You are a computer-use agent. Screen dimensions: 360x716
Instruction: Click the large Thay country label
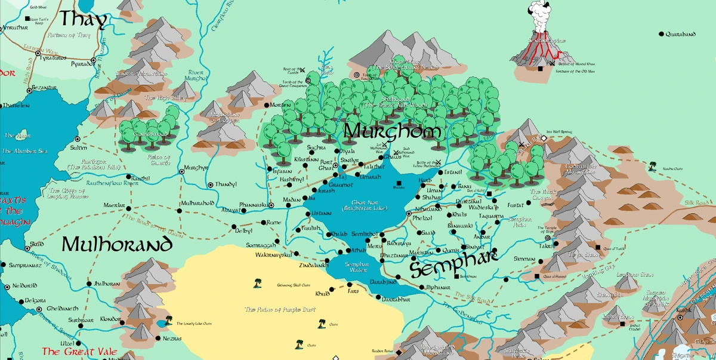coord(83,20)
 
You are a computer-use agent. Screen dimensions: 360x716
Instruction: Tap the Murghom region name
coord(393,131)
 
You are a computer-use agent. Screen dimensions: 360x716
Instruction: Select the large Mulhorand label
coord(117,245)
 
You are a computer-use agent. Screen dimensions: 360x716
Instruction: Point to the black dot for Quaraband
coord(661,35)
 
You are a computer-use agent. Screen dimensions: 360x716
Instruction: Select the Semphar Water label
coord(357,267)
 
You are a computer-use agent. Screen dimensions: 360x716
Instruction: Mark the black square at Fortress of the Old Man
coord(540,69)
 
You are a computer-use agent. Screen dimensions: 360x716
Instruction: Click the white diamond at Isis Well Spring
coord(544,138)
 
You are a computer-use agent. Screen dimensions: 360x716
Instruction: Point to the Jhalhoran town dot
coord(89,284)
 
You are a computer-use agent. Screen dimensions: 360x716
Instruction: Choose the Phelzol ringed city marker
coord(409,213)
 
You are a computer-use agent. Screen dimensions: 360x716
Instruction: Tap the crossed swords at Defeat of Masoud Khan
coord(553,63)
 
